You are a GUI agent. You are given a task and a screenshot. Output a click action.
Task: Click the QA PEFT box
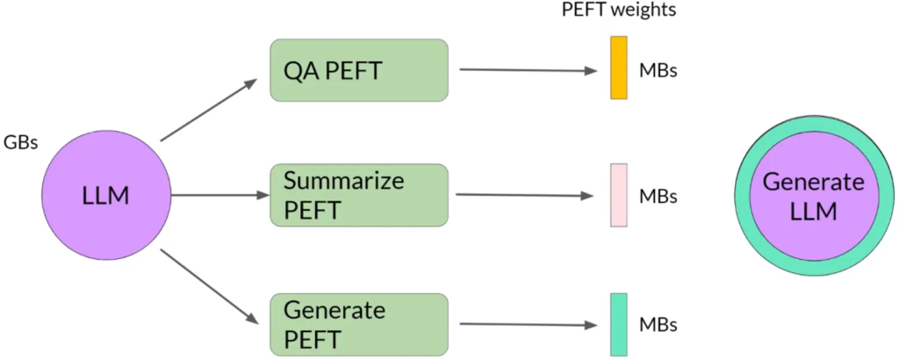click(359, 69)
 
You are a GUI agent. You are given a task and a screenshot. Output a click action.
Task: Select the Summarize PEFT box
click(359, 194)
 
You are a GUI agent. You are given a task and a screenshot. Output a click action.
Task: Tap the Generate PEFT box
click(359, 324)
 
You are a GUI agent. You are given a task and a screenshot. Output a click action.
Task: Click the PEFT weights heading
click(619, 11)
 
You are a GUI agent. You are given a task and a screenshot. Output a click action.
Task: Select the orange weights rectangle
click(619, 68)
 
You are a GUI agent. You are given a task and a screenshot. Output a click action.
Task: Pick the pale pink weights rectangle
click(618, 195)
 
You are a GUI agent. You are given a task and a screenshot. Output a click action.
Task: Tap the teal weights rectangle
click(619, 324)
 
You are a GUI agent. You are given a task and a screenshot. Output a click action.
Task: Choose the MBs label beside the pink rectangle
click(658, 196)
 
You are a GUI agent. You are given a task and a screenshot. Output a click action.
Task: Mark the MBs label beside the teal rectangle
click(658, 325)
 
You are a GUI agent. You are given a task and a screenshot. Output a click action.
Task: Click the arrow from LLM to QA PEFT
click(209, 110)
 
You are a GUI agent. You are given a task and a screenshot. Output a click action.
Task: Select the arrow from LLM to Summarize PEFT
click(219, 196)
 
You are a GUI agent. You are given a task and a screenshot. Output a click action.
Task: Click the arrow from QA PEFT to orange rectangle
click(527, 70)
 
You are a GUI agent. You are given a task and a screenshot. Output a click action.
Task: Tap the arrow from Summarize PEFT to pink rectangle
click(527, 195)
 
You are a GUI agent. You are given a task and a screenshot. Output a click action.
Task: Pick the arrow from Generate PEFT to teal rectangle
click(527, 325)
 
